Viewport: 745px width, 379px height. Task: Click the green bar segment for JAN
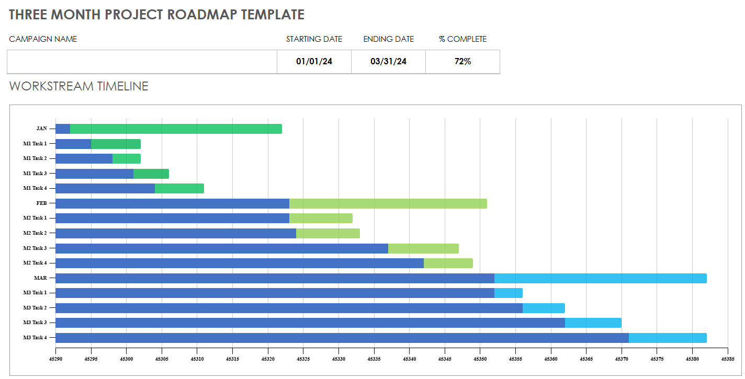[176, 129]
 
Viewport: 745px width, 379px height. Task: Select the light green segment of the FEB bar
[388, 203]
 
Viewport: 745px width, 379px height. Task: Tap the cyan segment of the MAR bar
[600, 278]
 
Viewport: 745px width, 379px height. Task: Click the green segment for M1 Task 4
[179, 188]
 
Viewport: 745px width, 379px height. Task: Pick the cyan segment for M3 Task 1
[508, 293]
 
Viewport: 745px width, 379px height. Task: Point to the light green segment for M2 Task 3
[423, 248]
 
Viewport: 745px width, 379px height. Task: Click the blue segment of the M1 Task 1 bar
[73, 144]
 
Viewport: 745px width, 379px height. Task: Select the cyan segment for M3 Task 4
[667, 338]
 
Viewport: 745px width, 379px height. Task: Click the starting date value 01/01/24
[314, 62]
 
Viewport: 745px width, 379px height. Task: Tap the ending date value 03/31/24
[388, 62]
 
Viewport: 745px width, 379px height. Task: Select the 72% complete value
[462, 62]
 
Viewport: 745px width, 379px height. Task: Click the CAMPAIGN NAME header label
[43, 39]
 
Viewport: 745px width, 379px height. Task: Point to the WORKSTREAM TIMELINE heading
[78, 86]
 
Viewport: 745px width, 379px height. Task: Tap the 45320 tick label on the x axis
[268, 359]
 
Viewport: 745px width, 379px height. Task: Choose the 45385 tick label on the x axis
[727, 359]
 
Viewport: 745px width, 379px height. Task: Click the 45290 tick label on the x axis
[55, 359]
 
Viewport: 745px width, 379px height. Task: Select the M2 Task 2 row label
[35, 233]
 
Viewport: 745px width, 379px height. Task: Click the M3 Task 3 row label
[35, 323]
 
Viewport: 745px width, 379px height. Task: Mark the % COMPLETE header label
[462, 39]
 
